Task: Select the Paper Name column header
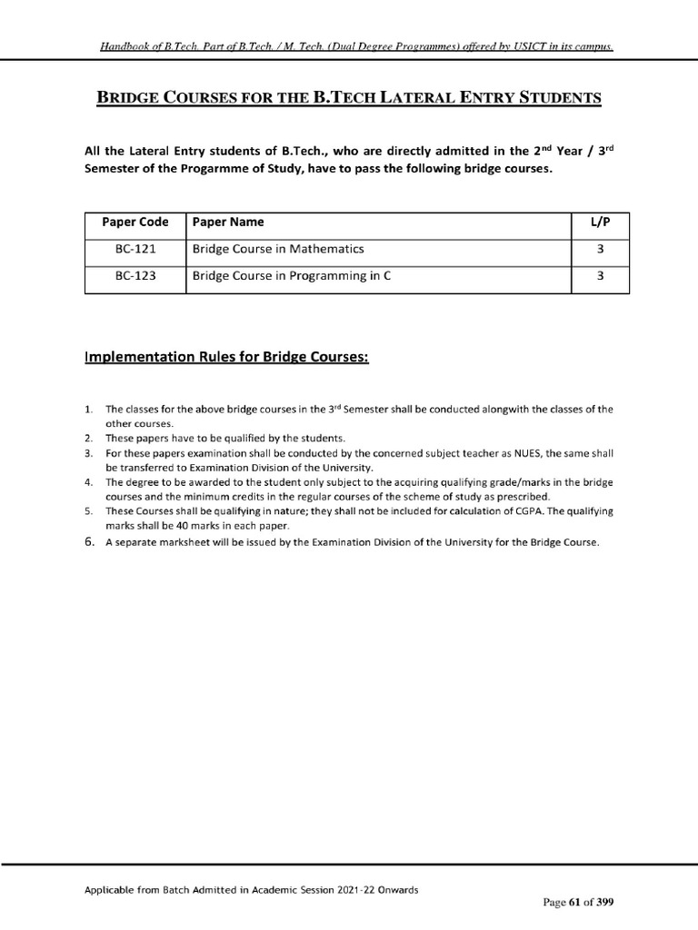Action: tap(228, 222)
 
